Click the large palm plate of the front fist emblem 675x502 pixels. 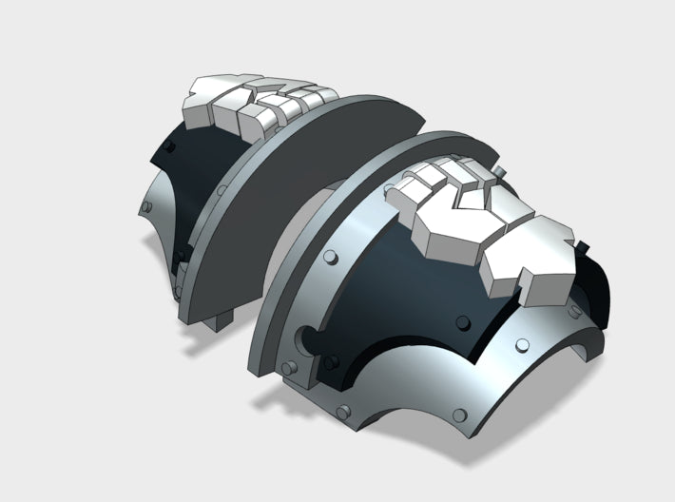click(447, 233)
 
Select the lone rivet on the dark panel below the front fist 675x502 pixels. click(462, 320)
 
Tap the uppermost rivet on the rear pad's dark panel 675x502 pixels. click(167, 146)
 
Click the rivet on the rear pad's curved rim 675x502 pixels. click(220, 190)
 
